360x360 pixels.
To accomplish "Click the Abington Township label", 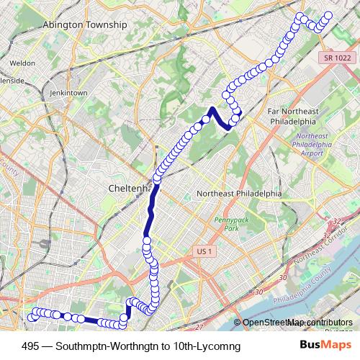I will coord(85,24).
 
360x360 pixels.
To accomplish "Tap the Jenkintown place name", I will coord(68,94).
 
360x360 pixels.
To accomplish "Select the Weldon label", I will coord(22,63).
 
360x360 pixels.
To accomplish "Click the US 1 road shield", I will coord(205,251).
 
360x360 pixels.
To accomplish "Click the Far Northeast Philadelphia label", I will coord(292,116).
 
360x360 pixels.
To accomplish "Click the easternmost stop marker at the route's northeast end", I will coord(329,15).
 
